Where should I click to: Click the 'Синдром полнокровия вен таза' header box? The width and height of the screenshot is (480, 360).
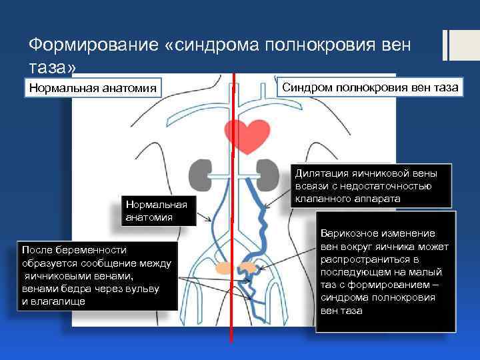(x=370, y=87)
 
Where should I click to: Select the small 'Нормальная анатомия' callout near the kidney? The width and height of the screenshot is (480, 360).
(x=156, y=210)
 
